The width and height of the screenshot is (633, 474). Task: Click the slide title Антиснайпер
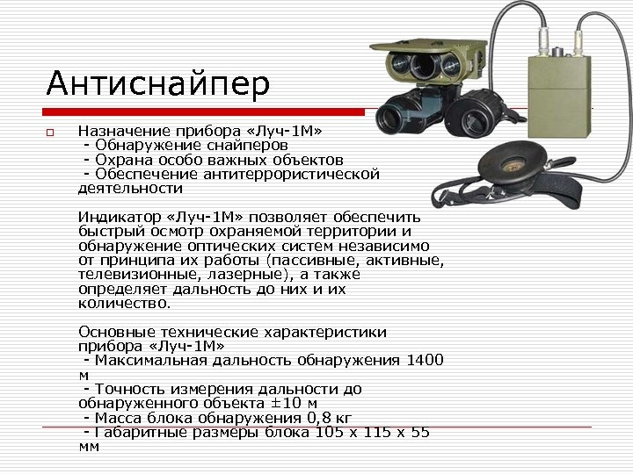[x=158, y=84]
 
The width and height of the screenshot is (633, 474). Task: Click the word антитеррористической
[x=290, y=174]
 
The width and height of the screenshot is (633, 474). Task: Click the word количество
[x=122, y=303]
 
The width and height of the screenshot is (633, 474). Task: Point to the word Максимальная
[x=149, y=360]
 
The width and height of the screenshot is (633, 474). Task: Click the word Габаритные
[x=134, y=432]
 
